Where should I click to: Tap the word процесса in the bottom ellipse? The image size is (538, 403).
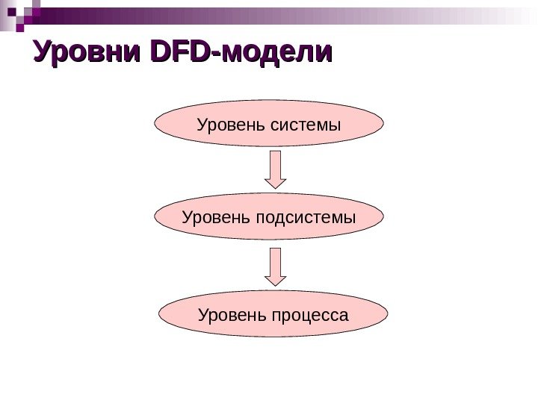311,314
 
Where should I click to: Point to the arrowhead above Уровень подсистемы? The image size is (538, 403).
276,181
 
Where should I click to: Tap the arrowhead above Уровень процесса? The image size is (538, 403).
276,279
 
